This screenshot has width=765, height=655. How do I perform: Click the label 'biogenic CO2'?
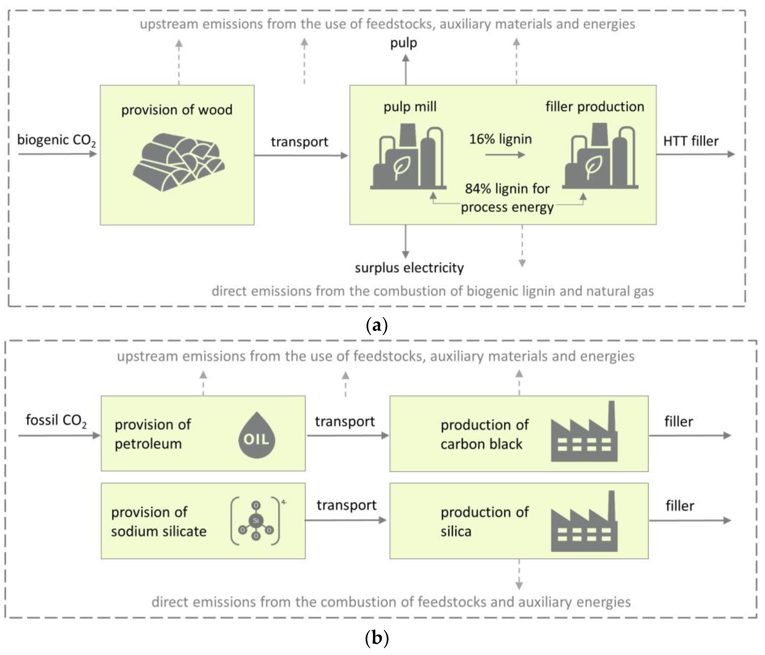(56, 140)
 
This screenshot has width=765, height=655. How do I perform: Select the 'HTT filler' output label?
(690, 141)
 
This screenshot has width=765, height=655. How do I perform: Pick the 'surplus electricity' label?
(409, 267)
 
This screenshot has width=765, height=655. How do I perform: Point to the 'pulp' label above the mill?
(404, 43)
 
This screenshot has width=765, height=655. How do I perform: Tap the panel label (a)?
(376, 325)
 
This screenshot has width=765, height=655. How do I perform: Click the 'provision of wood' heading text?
(177, 110)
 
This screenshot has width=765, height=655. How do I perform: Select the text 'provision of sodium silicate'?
(159, 521)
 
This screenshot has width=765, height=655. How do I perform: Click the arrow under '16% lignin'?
(505, 155)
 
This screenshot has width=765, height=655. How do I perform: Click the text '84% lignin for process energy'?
(507, 198)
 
